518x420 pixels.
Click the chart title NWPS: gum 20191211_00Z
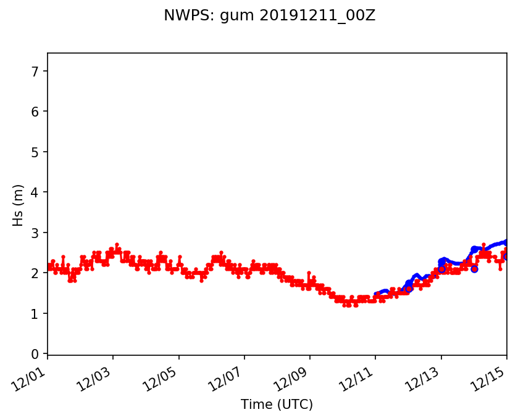point(269,16)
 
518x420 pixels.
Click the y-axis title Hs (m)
point(19,205)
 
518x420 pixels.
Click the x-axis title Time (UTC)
point(277,405)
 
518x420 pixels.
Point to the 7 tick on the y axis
point(35,72)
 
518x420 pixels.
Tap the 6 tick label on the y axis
point(35,112)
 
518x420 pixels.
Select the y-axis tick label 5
point(35,152)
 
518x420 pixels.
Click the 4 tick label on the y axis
point(35,192)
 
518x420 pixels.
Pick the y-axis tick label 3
point(35,233)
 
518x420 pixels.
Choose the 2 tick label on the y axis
point(35,273)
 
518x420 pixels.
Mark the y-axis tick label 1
point(35,314)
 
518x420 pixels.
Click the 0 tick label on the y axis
point(35,354)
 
